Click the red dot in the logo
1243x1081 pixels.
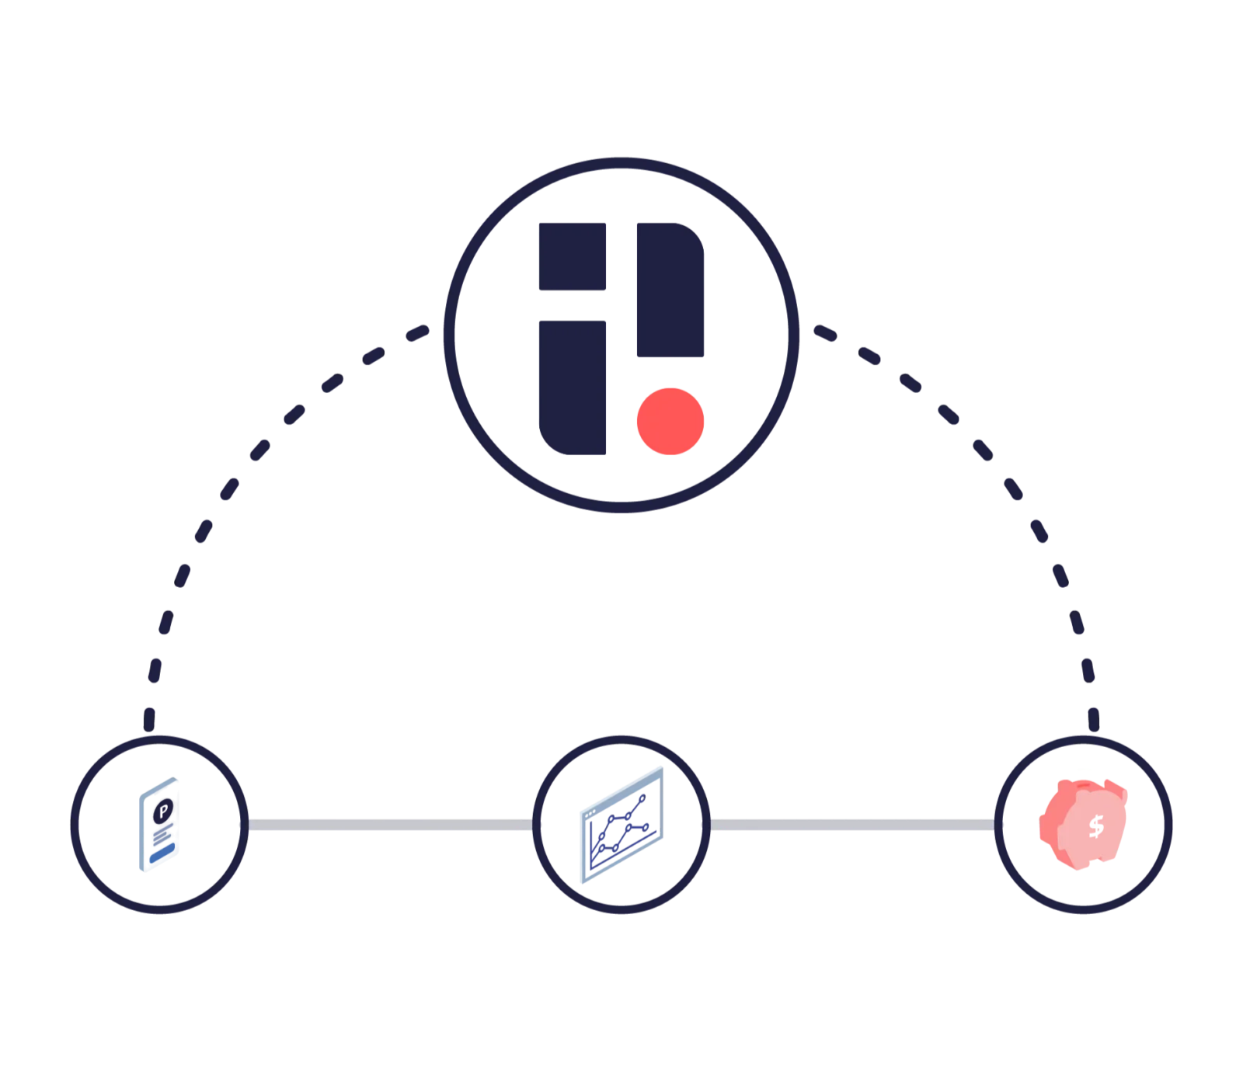pyautogui.click(x=669, y=421)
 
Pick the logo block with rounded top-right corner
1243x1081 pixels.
pyautogui.click(x=672, y=287)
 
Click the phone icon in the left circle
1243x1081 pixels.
pyautogui.click(x=158, y=826)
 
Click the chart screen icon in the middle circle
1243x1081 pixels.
pyautogui.click(x=621, y=826)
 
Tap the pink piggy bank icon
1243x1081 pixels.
pyautogui.click(x=1083, y=823)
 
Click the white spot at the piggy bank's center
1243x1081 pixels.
pyautogui.click(x=1095, y=825)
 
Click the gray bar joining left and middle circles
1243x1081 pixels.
pyautogui.click(x=390, y=824)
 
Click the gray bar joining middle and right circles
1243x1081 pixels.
pyautogui.click(x=852, y=824)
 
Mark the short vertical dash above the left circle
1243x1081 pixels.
pyautogui.click(x=150, y=718)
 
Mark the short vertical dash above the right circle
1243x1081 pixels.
pyautogui.click(x=1094, y=718)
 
